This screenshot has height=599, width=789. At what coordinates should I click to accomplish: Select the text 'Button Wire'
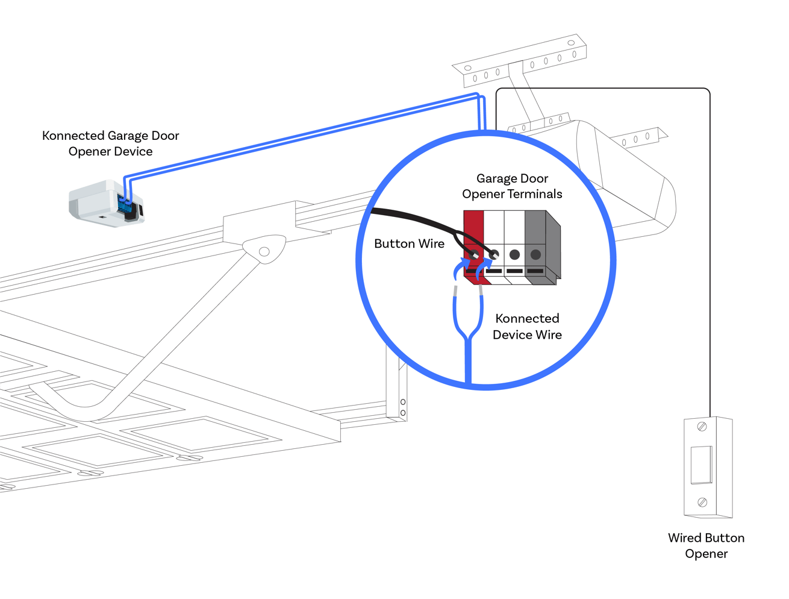click(x=409, y=243)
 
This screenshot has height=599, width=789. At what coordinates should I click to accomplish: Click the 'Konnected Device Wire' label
click(x=527, y=326)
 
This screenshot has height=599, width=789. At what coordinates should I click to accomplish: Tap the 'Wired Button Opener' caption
click(x=706, y=545)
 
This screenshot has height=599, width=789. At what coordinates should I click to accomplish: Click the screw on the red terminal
click(x=475, y=254)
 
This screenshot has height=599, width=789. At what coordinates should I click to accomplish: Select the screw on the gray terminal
click(x=535, y=255)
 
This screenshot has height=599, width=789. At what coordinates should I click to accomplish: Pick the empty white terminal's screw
click(x=514, y=255)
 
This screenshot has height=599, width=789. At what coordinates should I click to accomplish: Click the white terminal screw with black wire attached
click(x=494, y=254)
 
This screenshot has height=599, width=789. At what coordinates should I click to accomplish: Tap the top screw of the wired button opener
click(x=702, y=427)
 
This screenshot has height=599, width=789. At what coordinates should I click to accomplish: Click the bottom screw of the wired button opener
click(x=702, y=502)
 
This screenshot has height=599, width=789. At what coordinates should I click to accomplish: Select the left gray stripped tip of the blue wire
click(x=455, y=292)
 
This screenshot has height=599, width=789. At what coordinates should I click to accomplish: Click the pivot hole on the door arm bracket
click(x=264, y=252)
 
